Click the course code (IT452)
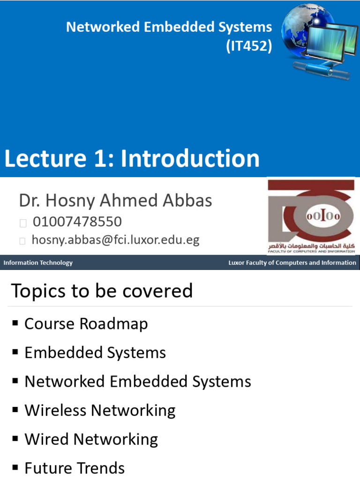[249, 46]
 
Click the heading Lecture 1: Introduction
[132, 158]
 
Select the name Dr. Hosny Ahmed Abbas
[115, 201]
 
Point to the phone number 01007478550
[77, 222]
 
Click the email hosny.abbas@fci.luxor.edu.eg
[115, 240]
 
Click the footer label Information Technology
[38, 262]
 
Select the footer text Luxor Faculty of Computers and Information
[292, 262]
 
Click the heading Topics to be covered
[102, 291]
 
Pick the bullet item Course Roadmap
[86, 324]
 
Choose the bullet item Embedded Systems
[95, 352]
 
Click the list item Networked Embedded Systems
[138, 382]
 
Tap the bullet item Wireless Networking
[100, 411]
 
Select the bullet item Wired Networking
[91, 439]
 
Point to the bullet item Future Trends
[75, 468]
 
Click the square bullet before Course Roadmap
[15, 323]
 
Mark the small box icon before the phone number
[23, 223]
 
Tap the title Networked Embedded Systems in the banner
[169, 27]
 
